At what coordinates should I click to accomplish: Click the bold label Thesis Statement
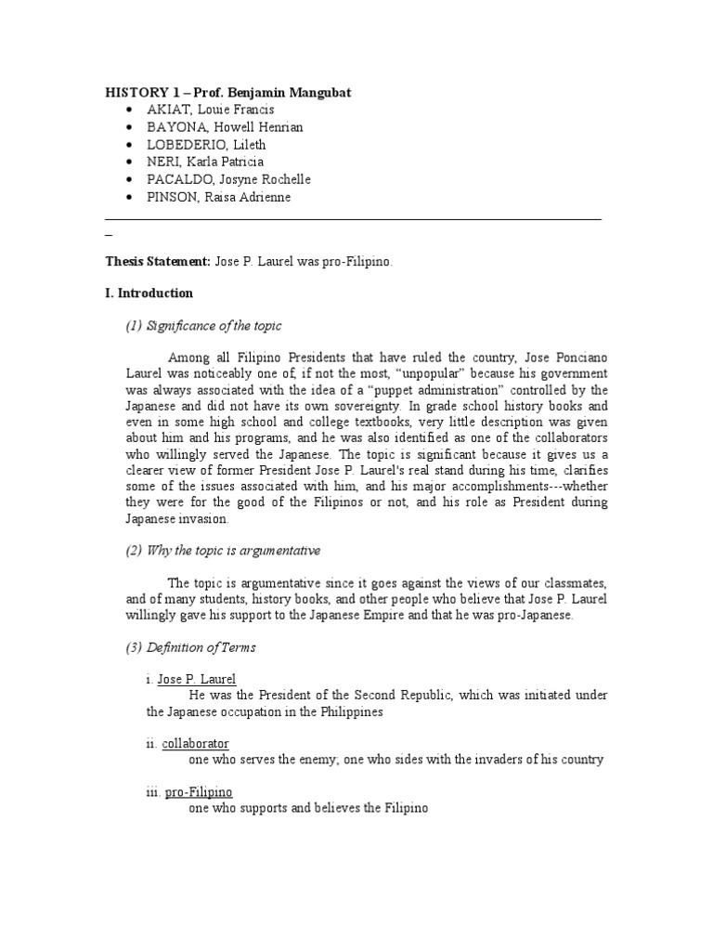(x=157, y=263)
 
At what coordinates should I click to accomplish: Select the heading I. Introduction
(x=149, y=293)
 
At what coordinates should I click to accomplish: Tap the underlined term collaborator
(x=195, y=744)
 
